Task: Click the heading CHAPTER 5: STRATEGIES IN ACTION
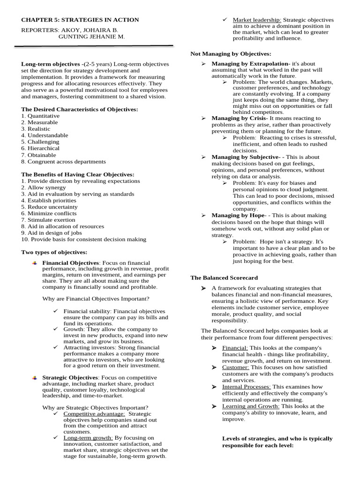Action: point(80,20)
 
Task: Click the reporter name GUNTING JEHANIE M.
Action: point(91,36)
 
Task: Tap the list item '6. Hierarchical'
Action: point(43,148)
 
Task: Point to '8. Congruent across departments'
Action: point(63,161)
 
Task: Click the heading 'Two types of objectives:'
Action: point(54,252)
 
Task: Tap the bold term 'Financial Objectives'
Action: point(71,263)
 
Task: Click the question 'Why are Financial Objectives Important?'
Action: point(96,299)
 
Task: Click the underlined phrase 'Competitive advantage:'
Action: point(94,414)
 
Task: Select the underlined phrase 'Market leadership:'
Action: point(257,20)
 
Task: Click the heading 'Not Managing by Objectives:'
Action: point(231,54)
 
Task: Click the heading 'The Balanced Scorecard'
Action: point(224,277)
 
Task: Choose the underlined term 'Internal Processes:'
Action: point(247,387)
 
